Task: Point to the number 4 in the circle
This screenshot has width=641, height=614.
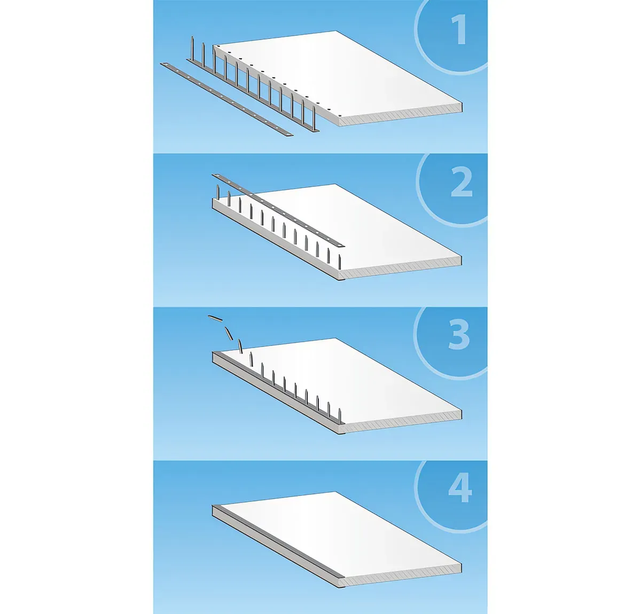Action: click(460, 489)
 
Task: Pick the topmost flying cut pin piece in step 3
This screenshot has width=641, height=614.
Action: click(215, 318)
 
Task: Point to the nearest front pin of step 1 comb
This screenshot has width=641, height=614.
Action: click(314, 117)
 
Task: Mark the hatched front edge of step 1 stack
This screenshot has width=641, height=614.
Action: click(400, 115)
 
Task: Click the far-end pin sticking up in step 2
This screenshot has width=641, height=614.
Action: click(217, 192)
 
